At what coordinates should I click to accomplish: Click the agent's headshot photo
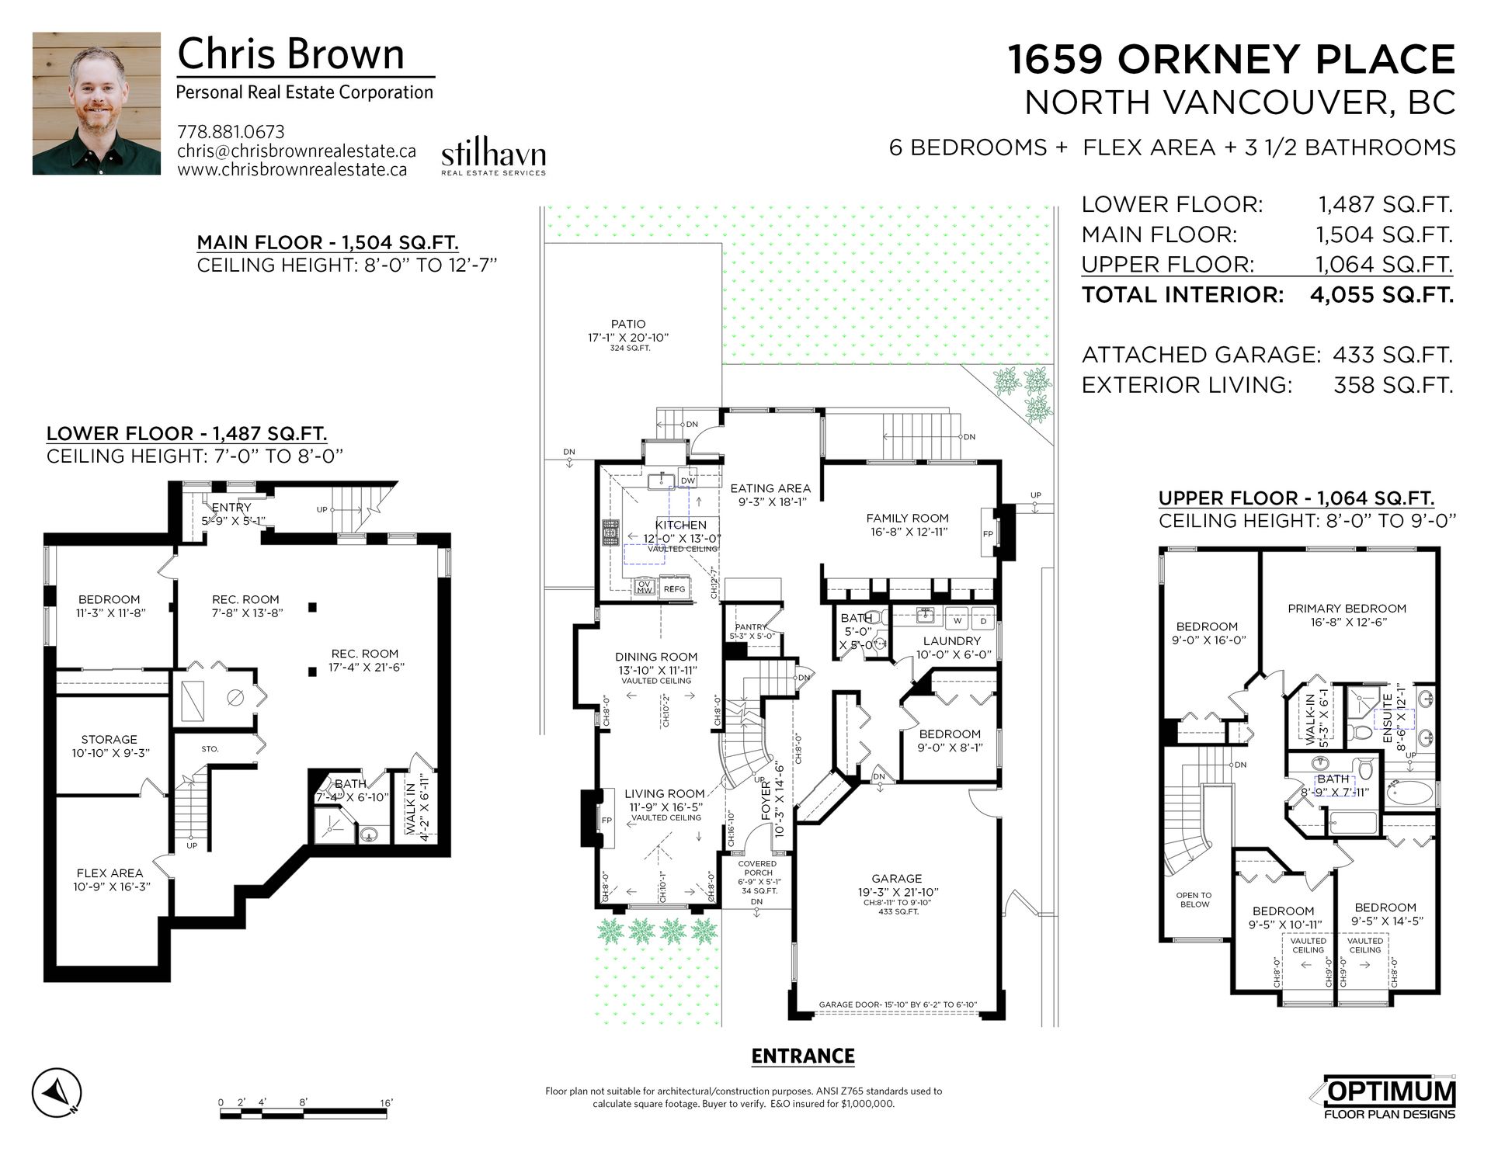pos(96,103)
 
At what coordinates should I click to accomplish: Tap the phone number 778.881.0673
pos(231,132)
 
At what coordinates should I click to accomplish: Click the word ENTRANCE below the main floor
pos(803,1056)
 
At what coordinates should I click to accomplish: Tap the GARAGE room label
pos(896,879)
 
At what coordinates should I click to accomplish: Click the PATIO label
pos(628,324)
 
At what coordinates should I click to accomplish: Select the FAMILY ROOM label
pos(908,518)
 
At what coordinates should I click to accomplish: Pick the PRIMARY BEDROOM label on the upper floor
pos(1347,609)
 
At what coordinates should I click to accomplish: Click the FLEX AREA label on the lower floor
pos(109,873)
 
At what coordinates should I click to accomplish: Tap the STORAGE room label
pos(109,740)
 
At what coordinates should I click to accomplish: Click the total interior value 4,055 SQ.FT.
pos(1382,294)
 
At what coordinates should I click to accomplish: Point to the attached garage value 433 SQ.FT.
pos(1392,355)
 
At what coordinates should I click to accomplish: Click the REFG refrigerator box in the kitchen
pos(674,588)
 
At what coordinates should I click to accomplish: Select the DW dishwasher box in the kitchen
pos(688,479)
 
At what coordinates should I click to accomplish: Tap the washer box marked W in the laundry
pos(958,620)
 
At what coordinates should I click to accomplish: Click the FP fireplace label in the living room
pos(607,821)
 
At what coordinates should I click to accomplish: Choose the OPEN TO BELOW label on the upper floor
pos(1194,900)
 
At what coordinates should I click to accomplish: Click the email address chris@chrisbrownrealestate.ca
pos(297,151)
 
